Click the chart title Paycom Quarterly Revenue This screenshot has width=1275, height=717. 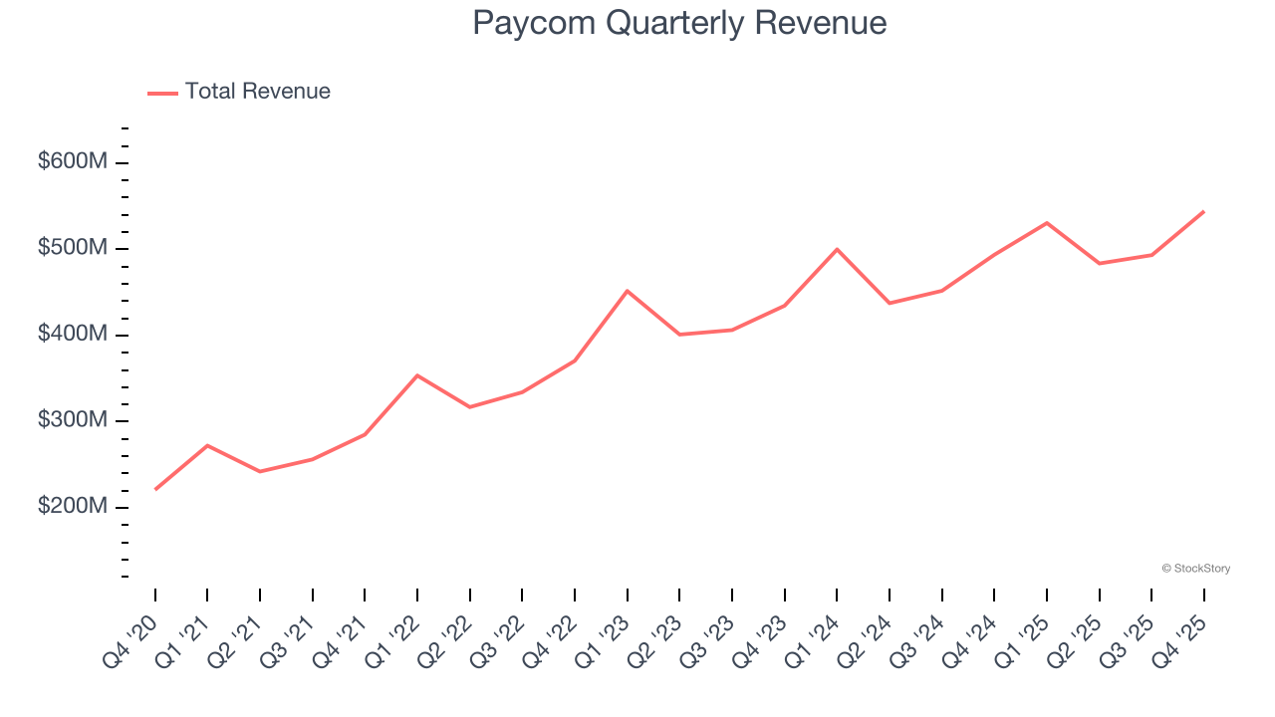[x=679, y=23]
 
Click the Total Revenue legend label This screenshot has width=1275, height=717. [x=257, y=92]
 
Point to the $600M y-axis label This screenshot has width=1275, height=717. [x=72, y=162]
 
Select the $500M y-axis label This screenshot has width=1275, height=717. [x=72, y=248]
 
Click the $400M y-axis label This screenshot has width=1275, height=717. [x=72, y=335]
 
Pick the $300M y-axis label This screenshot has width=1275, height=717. [x=72, y=420]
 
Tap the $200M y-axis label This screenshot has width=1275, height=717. [x=72, y=507]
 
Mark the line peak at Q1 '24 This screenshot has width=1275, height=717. [x=837, y=249]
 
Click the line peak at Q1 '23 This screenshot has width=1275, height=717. [x=627, y=291]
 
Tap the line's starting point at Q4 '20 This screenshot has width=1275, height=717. [x=155, y=489]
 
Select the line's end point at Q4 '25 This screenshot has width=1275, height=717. [x=1203, y=211]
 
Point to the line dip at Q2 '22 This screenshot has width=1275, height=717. [x=469, y=407]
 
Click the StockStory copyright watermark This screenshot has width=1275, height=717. [x=1195, y=569]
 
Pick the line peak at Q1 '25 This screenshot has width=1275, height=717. [x=1047, y=223]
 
